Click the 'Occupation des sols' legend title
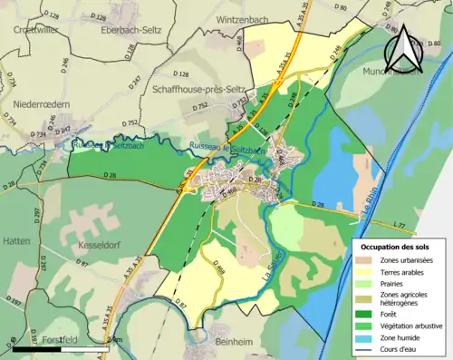pos(398,246)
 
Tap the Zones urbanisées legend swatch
pos(366,259)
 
